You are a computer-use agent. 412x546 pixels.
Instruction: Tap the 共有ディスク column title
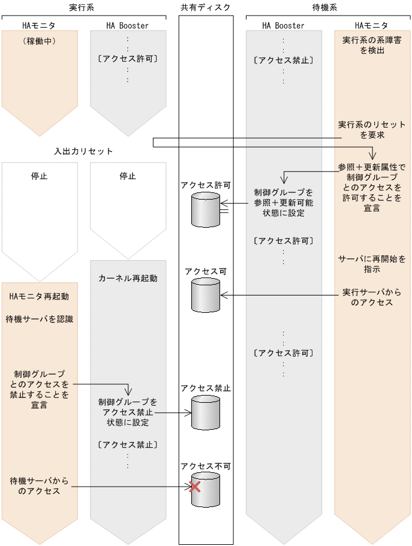click(x=206, y=7)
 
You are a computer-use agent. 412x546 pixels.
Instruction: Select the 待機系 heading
click(x=324, y=7)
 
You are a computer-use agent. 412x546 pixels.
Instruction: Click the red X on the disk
click(x=194, y=487)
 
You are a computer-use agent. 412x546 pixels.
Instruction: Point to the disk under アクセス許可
click(x=205, y=209)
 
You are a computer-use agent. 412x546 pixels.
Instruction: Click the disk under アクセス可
click(x=205, y=295)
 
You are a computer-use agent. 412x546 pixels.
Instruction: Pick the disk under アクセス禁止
click(x=205, y=412)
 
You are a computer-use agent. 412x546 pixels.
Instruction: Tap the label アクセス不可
click(x=206, y=466)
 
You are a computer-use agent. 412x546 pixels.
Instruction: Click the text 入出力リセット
click(x=83, y=151)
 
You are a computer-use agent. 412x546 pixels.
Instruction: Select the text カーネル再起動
click(x=127, y=278)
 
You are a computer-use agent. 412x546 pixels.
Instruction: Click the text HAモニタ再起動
click(x=40, y=297)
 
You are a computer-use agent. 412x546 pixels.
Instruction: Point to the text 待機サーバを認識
click(x=40, y=319)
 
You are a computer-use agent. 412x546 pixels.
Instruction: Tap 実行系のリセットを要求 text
click(x=372, y=130)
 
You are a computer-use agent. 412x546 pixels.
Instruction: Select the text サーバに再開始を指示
click(x=372, y=264)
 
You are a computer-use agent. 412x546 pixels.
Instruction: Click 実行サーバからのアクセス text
click(x=372, y=297)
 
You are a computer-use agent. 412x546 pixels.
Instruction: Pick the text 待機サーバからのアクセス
click(x=40, y=486)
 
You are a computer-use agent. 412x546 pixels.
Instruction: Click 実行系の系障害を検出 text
click(x=372, y=46)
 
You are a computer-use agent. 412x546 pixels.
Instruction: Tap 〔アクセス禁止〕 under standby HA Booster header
click(x=283, y=60)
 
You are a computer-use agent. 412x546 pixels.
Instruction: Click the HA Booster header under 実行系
click(x=127, y=26)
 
